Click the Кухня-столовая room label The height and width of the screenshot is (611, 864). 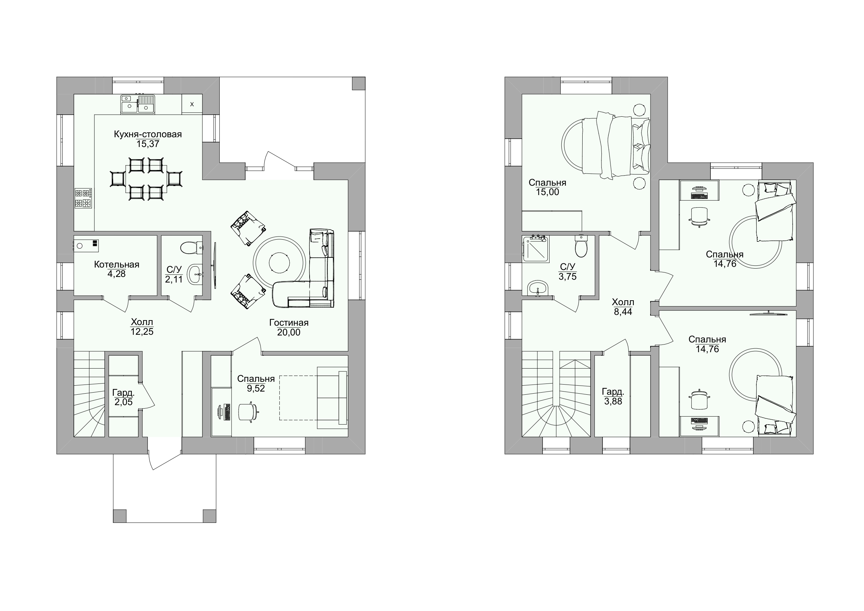[148, 134]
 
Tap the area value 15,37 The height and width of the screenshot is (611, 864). [148, 144]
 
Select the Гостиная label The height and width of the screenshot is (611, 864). [289, 323]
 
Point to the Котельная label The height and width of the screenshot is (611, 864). [117, 265]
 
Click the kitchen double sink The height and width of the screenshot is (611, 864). [138, 104]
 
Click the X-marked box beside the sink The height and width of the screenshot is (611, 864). [192, 104]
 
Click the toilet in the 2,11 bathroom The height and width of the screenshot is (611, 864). [192, 248]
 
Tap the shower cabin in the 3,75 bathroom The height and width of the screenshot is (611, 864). [536, 249]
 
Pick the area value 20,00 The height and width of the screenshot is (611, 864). [289, 332]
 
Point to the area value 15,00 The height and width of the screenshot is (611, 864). [547, 192]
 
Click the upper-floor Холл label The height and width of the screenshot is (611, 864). [623, 302]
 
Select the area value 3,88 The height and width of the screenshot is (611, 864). [613, 402]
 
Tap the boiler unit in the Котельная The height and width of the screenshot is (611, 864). [86, 246]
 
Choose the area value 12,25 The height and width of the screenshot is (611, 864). [142, 332]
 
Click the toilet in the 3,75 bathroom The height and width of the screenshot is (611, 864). [581, 246]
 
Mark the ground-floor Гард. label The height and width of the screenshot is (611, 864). [123, 393]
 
